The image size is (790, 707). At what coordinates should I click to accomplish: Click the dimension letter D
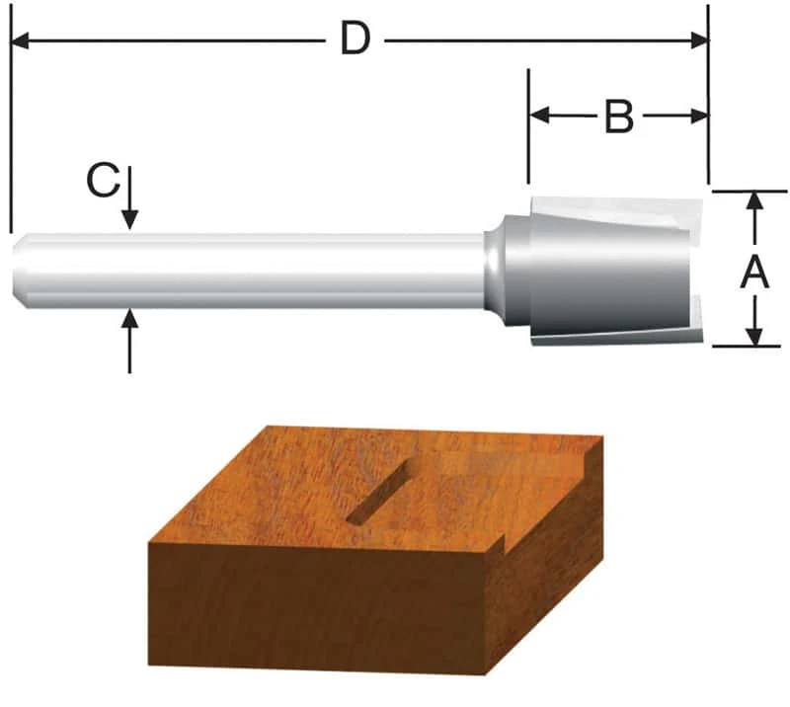[x=355, y=39]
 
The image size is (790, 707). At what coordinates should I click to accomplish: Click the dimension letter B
[x=619, y=117]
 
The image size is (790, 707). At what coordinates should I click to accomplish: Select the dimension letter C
[x=103, y=181]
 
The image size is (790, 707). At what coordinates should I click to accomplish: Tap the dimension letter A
[x=754, y=273]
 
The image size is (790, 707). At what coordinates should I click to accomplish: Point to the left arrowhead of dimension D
[x=20, y=40]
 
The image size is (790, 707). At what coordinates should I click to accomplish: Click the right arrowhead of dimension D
[x=699, y=40]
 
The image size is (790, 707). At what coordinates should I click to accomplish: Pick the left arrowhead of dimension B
[x=539, y=116]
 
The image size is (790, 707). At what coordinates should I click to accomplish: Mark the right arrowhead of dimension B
[x=699, y=116]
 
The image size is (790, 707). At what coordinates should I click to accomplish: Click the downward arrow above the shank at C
[x=130, y=198]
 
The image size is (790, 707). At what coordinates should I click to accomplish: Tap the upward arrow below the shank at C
[x=130, y=341]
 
